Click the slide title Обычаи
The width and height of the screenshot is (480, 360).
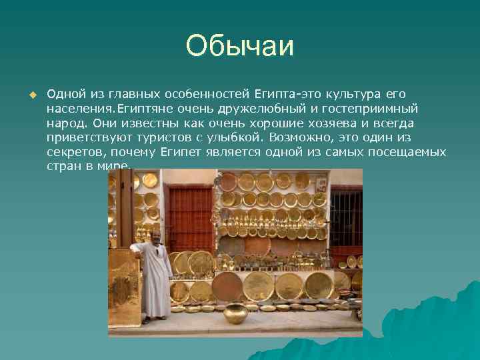click(x=240, y=46)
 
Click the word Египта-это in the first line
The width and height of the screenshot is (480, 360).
click(x=283, y=93)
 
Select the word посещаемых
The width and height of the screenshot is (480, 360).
click(x=409, y=152)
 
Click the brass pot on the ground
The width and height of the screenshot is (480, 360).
click(x=235, y=313)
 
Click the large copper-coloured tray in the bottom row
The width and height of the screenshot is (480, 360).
click(x=227, y=286)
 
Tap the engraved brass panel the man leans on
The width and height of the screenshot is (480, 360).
click(x=124, y=287)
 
